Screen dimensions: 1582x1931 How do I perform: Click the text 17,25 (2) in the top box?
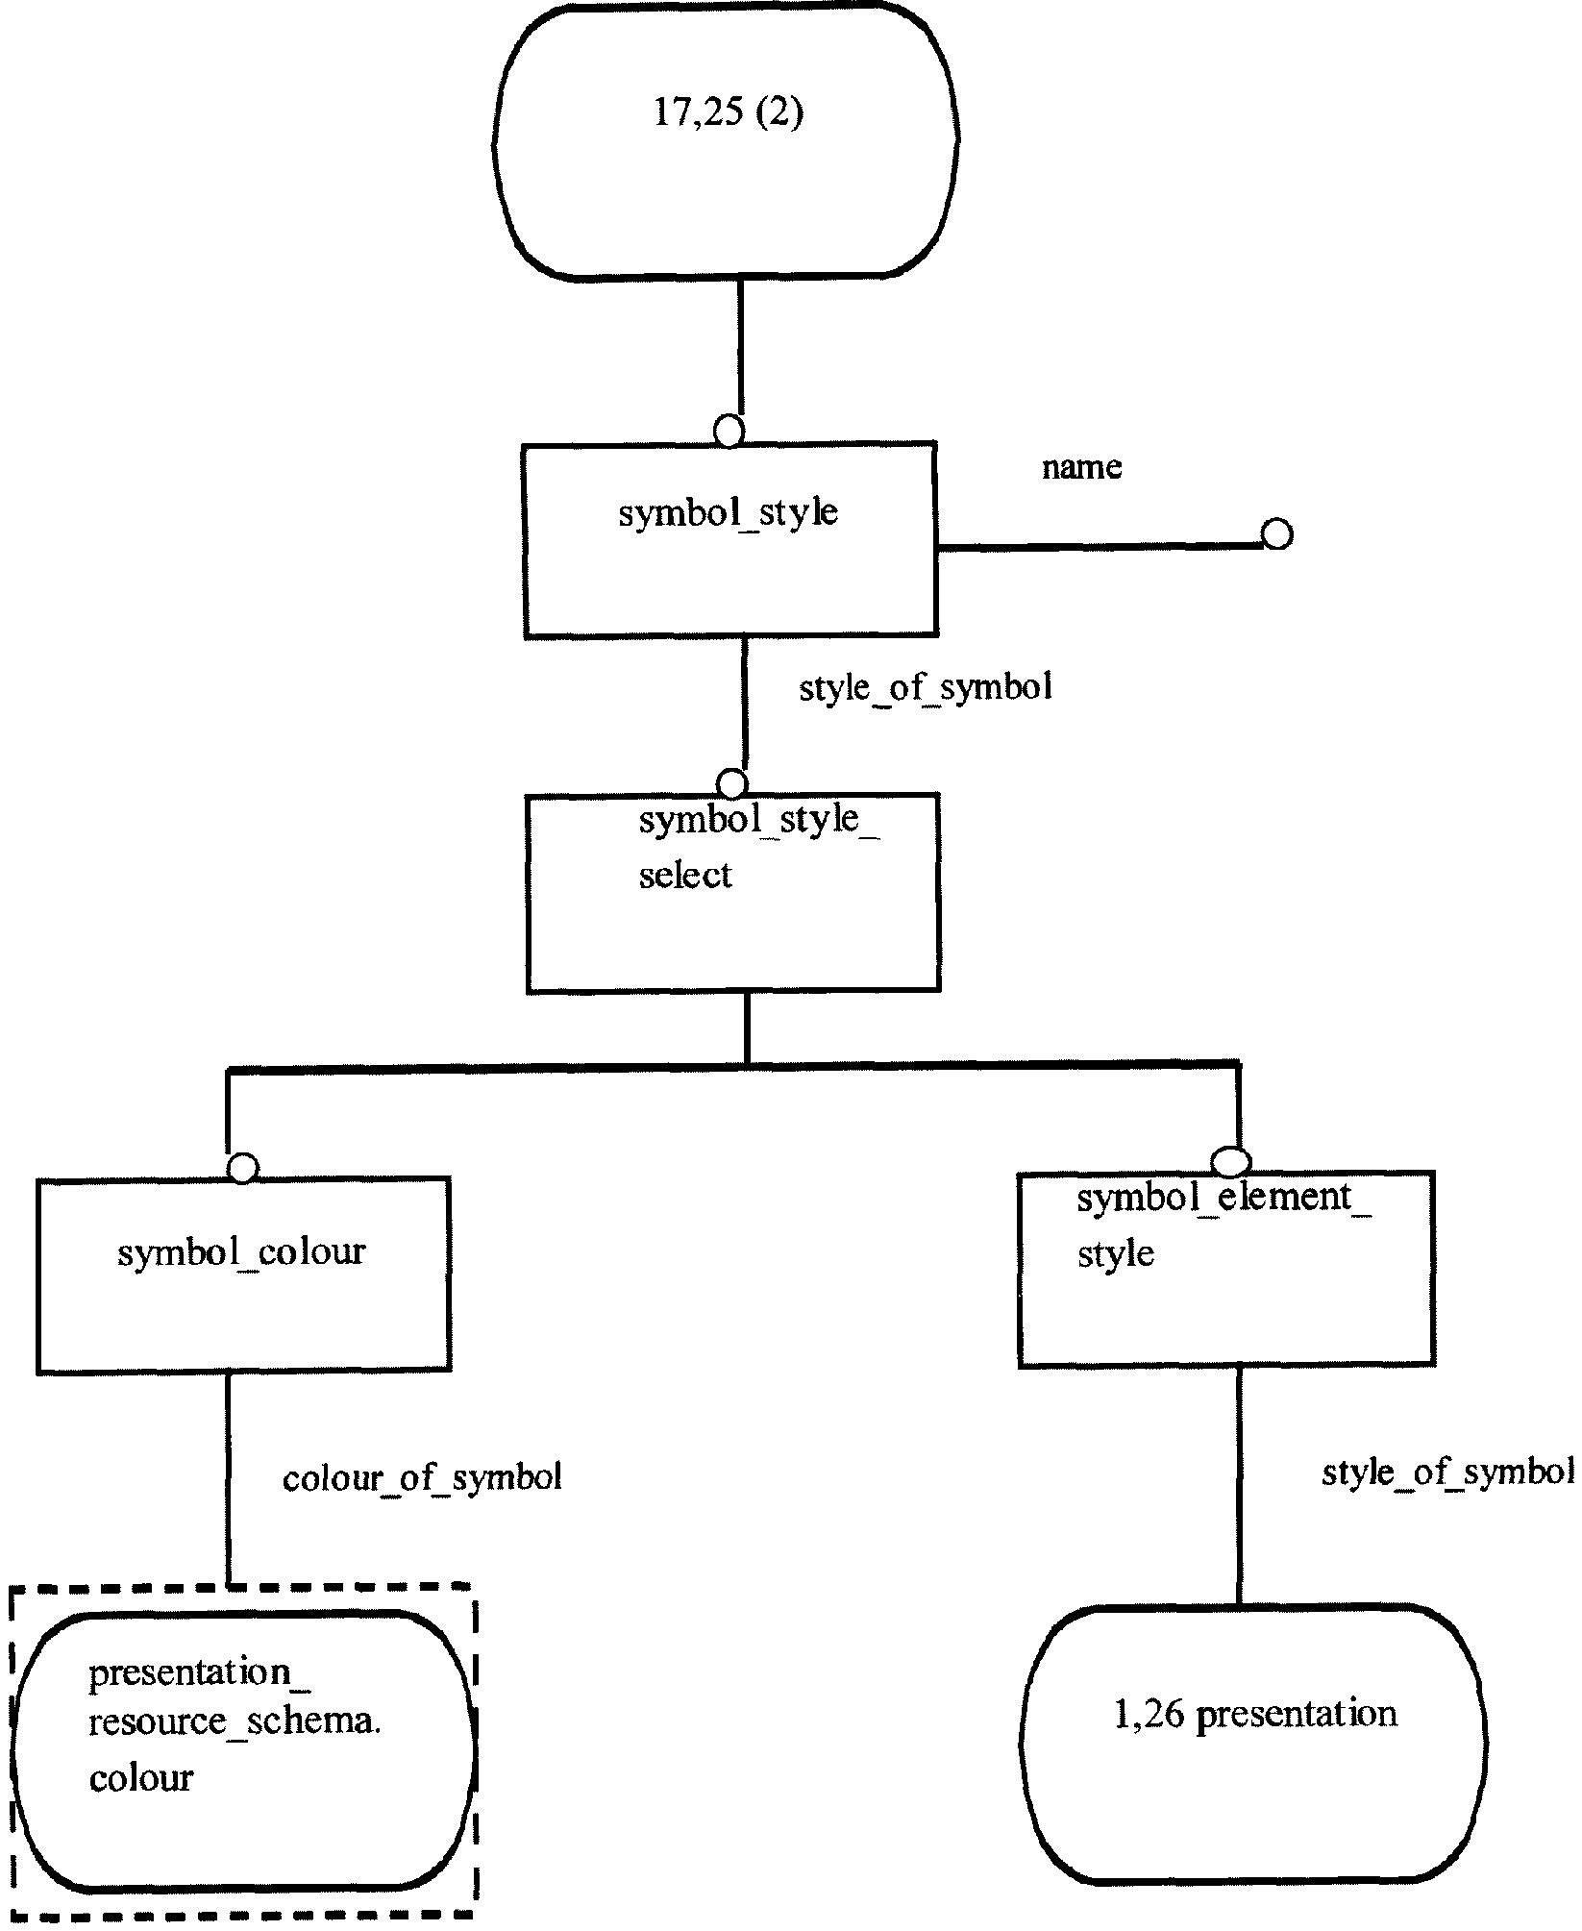(x=728, y=113)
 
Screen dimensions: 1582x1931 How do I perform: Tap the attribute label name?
(x=1081, y=467)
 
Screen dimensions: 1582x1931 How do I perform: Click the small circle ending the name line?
(x=1276, y=533)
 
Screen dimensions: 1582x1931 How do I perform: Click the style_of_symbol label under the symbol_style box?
(x=926, y=688)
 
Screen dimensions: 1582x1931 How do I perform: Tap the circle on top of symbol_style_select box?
(x=732, y=783)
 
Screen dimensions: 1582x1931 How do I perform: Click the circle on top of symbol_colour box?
(x=243, y=1168)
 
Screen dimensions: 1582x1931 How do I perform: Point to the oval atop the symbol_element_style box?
(x=1231, y=1162)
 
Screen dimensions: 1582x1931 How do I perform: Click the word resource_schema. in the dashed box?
(x=235, y=1721)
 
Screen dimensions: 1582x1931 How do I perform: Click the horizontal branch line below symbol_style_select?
(x=732, y=1065)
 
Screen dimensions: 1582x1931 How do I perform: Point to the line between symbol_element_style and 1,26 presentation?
(x=1238, y=1486)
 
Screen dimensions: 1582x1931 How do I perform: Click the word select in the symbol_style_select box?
(x=685, y=876)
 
